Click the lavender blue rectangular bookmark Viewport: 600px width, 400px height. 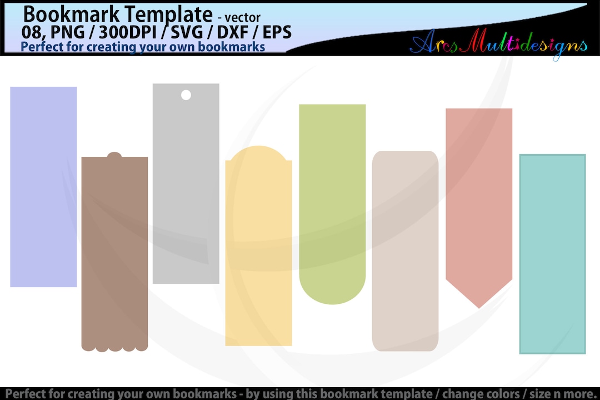coord(43,186)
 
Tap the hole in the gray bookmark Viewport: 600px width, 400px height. coord(186,95)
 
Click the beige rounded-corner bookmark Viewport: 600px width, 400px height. coord(405,250)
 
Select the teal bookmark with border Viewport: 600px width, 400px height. coord(552,254)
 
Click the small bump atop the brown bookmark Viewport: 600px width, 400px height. coord(114,155)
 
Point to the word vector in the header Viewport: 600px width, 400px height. coord(242,17)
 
